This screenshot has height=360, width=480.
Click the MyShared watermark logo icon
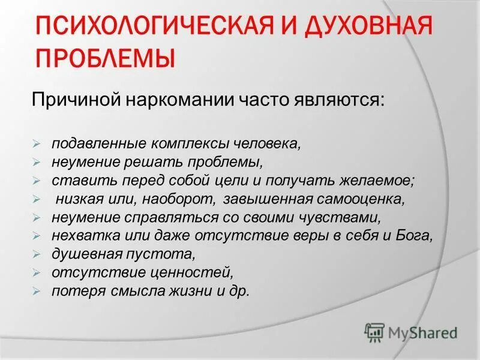click(374, 332)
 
